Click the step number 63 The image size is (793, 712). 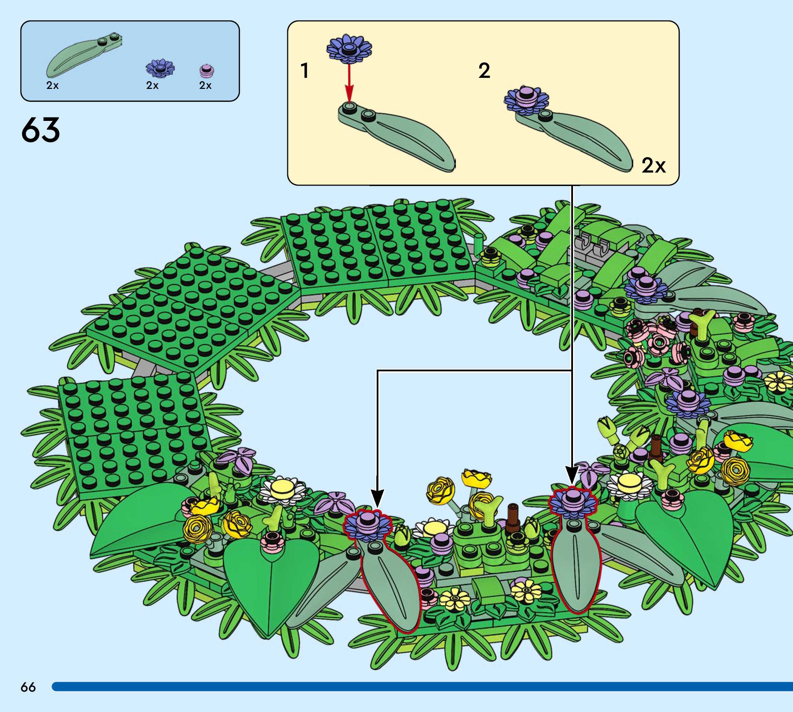coord(41,130)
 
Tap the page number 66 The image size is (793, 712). coord(28,687)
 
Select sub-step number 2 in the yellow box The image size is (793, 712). coord(484,71)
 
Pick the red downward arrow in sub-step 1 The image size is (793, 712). coord(349,84)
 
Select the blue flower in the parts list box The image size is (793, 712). coord(160,68)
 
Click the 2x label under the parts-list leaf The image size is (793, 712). coord(52,85)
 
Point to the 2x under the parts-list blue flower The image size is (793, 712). coord(152,85)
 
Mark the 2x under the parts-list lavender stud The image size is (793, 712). coord(205,85)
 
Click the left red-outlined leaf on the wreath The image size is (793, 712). coord(391,583)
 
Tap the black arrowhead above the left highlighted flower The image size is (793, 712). coord(377,499)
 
